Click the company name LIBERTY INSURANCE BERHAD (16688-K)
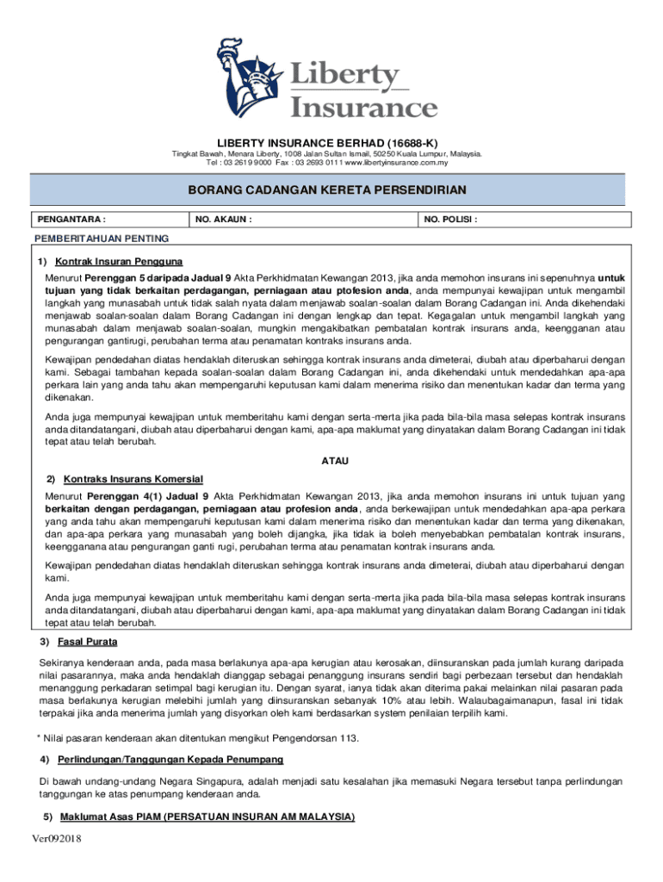(331, 143)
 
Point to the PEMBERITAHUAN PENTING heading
(101, 238)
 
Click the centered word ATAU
(334, 462)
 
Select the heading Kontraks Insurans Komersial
(133, 478)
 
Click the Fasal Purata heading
(88, 642)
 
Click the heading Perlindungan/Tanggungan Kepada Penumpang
(170, 760)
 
